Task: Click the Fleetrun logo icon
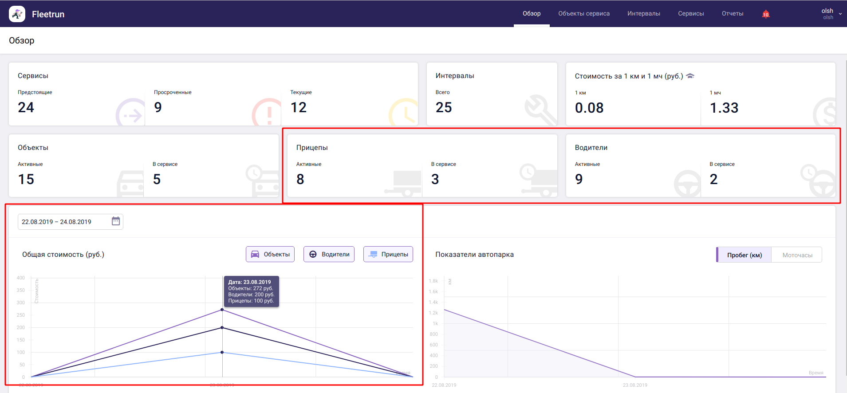pyautogui.click(x=17, y=14)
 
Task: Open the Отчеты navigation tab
pyautogui.click(x=732, y=14)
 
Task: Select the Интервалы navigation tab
pyautogui.click(x=643, y=14)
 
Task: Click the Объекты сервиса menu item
pyautogui.click(x=583, y=14)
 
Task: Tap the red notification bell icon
pyautogui.click(x=765, y=14)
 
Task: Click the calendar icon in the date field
pyautogui.click(x=116, y=221)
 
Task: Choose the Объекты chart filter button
pyautogui.click(x=270, y=254)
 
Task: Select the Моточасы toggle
pyautogui.click(x=797, y=255)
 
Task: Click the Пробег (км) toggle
pyautogui.click(x=744, y=255)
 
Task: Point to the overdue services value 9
pyautogui.click(x=158, y=107)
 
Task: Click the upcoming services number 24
pyautogui.click(x=26, y=107)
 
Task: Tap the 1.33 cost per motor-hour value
pyautogui.click(x=724, y=108)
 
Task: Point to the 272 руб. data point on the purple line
pyautogui.click(x=222, y=310)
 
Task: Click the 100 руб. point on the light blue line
pyautogui.click(x=222, y=353)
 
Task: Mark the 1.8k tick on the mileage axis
pyautogui.click(x=433, y=281)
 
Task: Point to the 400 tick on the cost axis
pyautogui.click(x=21, y=278)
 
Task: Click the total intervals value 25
pyautogui.click(x=444, y=107)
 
